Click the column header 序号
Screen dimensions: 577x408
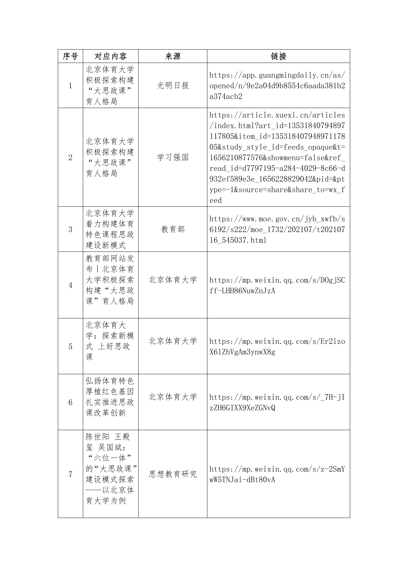click(x=70, y=56)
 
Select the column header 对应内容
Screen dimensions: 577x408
click(x=111, y=56)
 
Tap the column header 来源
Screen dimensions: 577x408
click(x=173, y=56)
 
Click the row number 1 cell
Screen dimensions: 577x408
click(x=70, y=86)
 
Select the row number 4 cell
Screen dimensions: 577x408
click(x=70, y=285)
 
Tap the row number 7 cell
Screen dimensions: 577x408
click(x=70, y=474)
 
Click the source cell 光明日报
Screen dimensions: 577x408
click(x=173, y=86)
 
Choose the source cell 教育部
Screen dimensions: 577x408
click(x=173, y=229)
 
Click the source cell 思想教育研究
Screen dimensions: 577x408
click(x=173, y=474)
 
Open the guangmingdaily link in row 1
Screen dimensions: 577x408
click(x=277, y=86)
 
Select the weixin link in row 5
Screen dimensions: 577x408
click(x=277, y=346)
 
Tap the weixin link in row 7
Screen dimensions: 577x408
click(x=277, y=474)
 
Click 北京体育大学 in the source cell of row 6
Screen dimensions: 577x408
click(x=173, y=397)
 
